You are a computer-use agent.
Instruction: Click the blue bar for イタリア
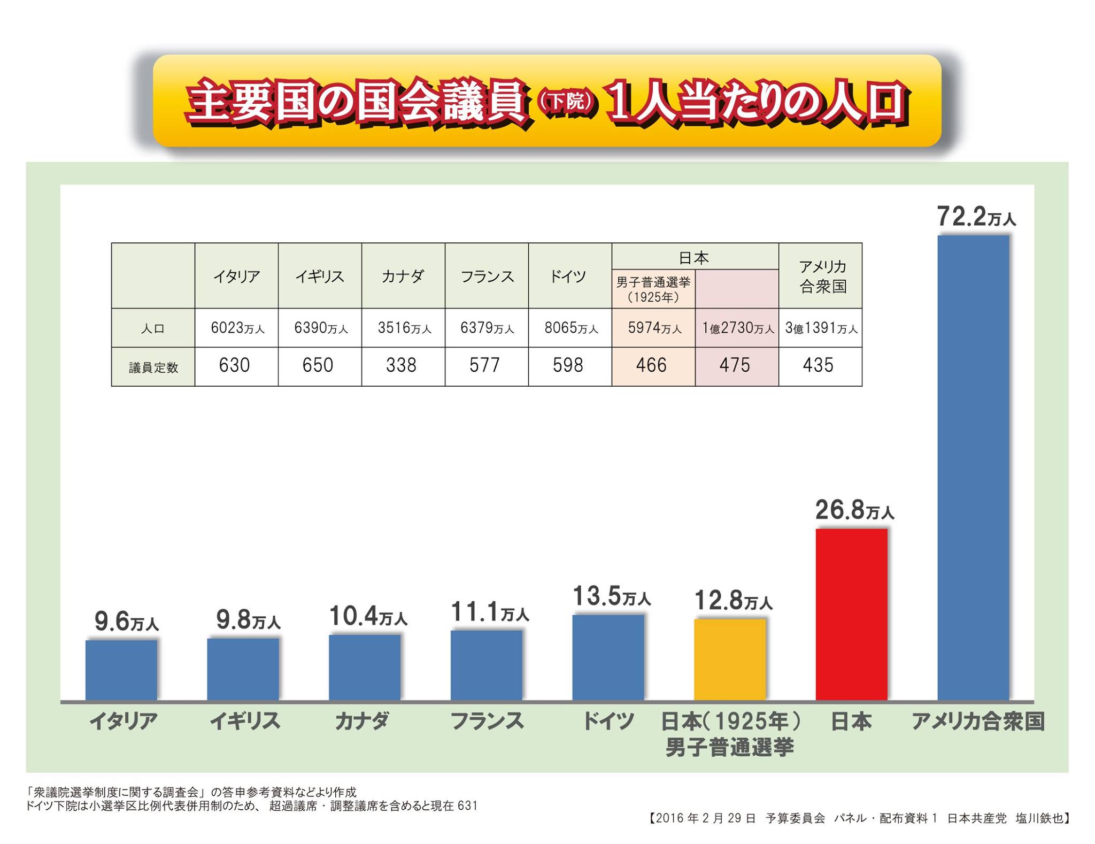(x=121, y=670)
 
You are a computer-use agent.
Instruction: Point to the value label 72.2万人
(x=976, y=217)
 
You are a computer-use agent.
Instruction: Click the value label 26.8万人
(x=854, y=510)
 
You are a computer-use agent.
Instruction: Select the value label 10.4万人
(x=368, y=616)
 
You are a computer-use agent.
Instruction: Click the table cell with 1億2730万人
(x=737, y=328)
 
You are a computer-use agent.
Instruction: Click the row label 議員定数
(x=153, y=367)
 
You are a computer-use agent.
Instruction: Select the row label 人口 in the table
(x=153, y=328)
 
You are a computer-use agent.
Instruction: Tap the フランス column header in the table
(x=487, y=277)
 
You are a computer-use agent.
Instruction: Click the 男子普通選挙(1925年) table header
(x=653, y=289)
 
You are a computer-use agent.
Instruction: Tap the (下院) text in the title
(x=566, y=101)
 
